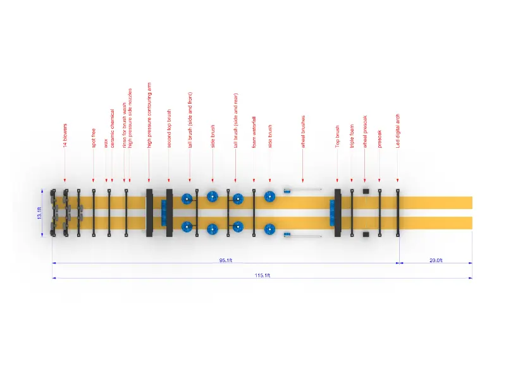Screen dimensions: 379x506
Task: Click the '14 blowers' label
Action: pos(65,136)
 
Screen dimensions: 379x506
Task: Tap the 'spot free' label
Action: pos(94,138)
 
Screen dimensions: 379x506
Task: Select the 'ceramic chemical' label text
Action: pos(113,129)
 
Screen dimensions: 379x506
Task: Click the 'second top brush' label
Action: pos(169,129)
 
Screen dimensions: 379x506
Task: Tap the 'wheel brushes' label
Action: pos(303,131)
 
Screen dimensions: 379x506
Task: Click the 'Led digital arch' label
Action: pos(398,131)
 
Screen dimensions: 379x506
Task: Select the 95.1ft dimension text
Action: pos(226,260)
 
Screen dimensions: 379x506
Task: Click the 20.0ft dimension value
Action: pos(436,260)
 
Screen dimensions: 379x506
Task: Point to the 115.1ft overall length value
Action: pos(263,275)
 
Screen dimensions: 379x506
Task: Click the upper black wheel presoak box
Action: pos(366,190)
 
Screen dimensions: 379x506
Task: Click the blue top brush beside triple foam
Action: pos(331,212)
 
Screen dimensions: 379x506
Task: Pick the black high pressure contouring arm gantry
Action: pos(149,212)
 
